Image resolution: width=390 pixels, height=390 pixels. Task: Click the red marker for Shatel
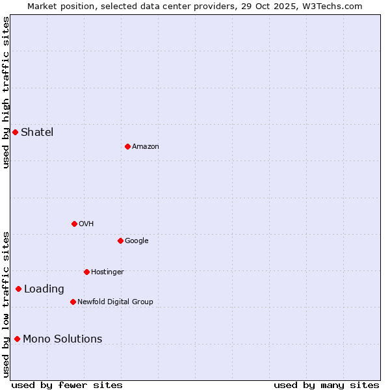(15, 132)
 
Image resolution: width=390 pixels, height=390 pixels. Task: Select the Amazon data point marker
(127, 146)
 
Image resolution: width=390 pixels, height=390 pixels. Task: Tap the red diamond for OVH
(74, 224)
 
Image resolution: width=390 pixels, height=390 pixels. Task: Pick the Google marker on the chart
(120, 240)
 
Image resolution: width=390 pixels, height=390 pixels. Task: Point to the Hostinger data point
(86, 272)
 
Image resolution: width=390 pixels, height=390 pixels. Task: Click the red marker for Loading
(18, 289)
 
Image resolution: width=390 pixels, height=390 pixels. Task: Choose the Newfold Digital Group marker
(73, 302)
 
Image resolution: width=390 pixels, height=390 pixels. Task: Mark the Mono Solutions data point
(17, 339)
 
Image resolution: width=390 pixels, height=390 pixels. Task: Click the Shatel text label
(37, 132)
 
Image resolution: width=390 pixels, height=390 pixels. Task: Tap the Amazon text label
(146, 146)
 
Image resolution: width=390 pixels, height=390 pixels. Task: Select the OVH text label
(86, 224)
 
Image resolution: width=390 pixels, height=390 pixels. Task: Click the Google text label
(136, 240)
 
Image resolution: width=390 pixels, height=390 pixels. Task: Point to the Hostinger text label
(107, 272)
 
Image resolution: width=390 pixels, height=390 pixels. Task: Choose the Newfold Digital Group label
(115, 302)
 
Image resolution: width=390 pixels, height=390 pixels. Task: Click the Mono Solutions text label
(62, 339)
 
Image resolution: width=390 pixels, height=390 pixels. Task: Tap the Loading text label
(44, 289)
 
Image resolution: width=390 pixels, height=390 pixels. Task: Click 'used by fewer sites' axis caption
(67, 385)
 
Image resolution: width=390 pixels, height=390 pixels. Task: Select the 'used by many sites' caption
(326, 385)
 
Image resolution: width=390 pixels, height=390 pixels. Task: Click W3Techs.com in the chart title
(335, 6)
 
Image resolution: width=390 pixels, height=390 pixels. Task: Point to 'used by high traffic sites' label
(6, 92)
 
